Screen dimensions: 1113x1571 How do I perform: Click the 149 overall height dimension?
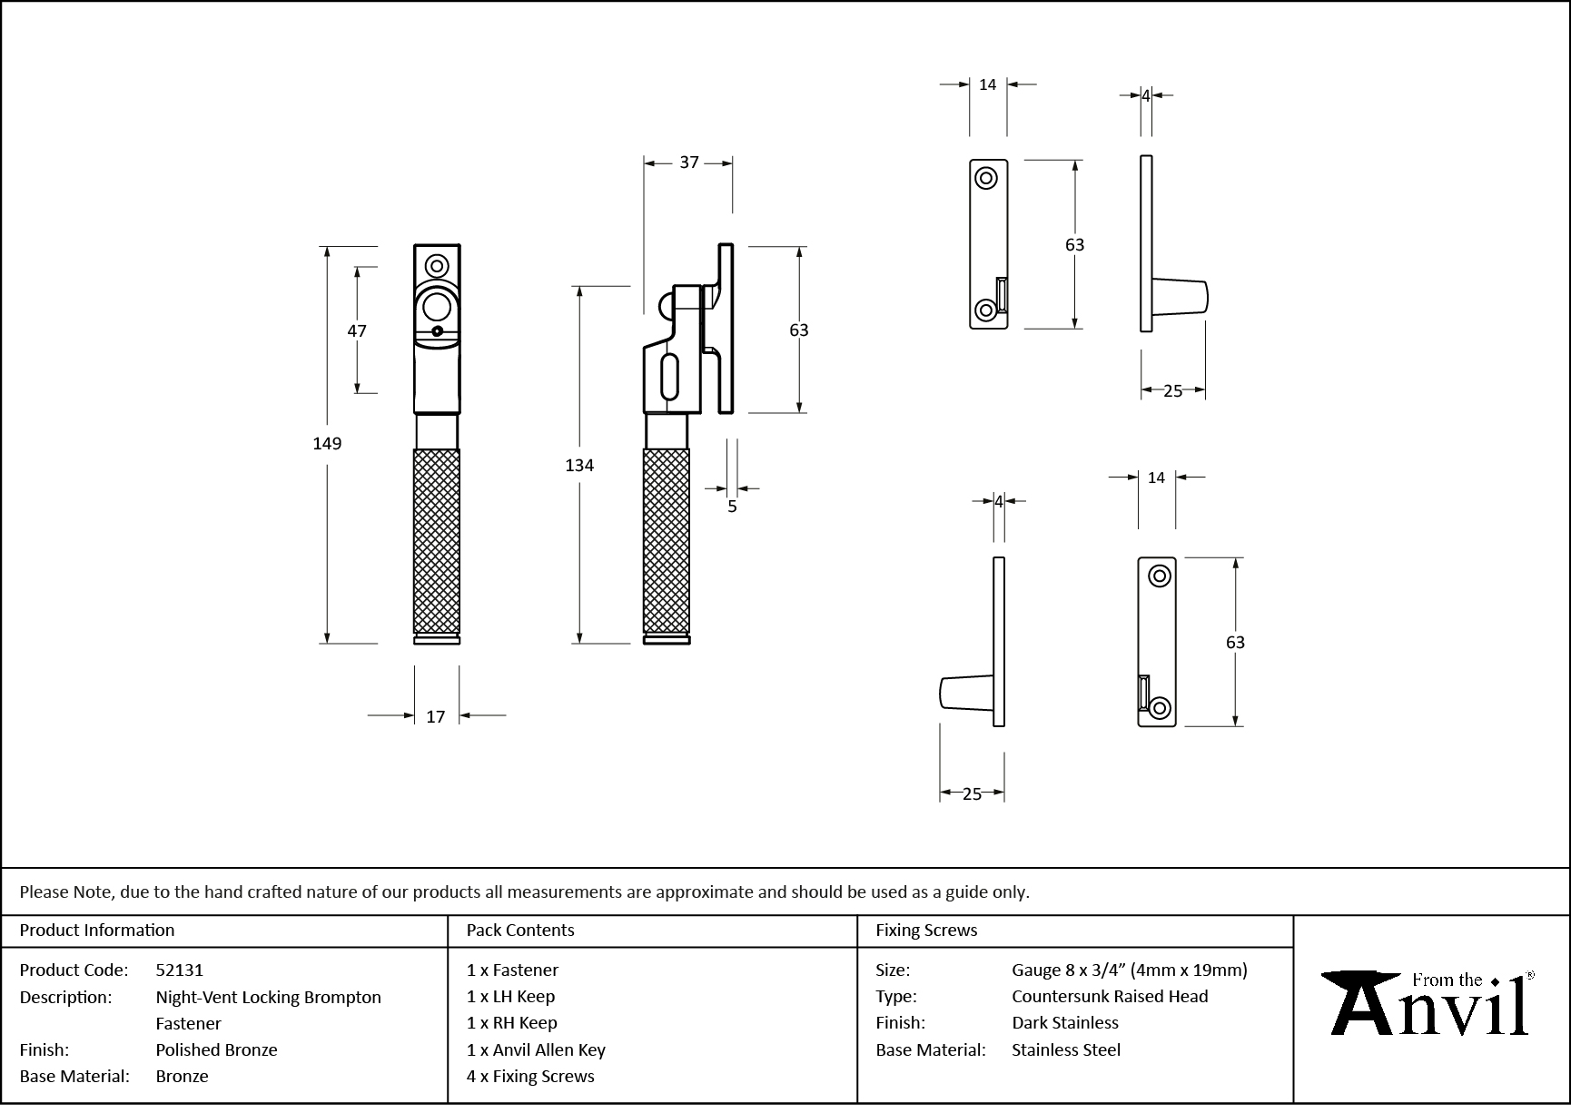point(327,444)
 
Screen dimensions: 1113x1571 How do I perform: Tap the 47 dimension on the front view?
point(357,331)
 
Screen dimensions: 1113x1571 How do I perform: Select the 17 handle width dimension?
point(436,717)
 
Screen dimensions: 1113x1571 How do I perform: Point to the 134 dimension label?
point(579,466)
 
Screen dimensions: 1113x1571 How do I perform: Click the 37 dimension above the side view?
point(689,163)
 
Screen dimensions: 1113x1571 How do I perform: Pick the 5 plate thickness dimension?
point(732,507)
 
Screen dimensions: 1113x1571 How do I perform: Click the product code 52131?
point(180,970)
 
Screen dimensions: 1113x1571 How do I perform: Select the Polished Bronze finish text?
point(216,1049)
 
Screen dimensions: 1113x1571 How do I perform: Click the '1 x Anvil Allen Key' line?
point(536,1049)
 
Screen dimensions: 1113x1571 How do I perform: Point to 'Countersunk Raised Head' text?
point(1110,996)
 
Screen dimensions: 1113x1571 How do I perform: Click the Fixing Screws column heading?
point(926,930)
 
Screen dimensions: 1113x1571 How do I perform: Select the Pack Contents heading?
point(520,930)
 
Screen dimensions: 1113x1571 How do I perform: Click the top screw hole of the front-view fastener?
point(437,266)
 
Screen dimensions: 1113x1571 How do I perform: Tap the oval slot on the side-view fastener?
point(671,378)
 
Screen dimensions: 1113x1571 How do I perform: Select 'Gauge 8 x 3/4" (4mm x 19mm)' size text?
point(1130,970)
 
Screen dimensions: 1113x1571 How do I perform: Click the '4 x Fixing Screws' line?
point(530,1076)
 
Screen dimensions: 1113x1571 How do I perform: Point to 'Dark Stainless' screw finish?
point(1065,1022)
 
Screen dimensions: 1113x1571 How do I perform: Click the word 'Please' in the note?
point(44,891)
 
